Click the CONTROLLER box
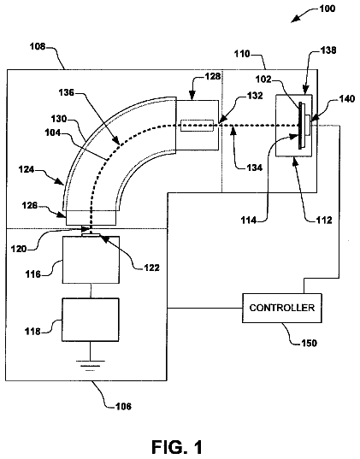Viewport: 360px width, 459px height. coord(282,308)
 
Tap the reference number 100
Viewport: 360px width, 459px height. coord(328,9)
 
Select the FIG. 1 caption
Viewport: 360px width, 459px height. coord(177,447)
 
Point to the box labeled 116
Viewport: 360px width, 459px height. coord(91,260)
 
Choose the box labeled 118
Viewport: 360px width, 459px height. coord(91,320)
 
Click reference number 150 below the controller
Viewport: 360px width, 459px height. coord(310,343)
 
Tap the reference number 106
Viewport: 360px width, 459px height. coord(123,406)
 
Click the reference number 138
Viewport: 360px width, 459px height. coord(328,50)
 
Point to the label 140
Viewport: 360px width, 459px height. coord(347,98)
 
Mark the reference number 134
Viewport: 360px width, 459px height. coord(254,168)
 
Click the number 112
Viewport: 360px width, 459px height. coord(324,220)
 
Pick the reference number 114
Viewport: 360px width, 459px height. coord(249,220)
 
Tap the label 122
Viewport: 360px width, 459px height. coord(151,268)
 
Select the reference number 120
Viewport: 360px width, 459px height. coord(19,249)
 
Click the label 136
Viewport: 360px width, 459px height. coord(67,93)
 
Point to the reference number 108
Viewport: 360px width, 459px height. coord(38,46)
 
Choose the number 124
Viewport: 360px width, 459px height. coord(27,169)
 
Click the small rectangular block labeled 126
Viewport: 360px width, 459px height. coord(91,218)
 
